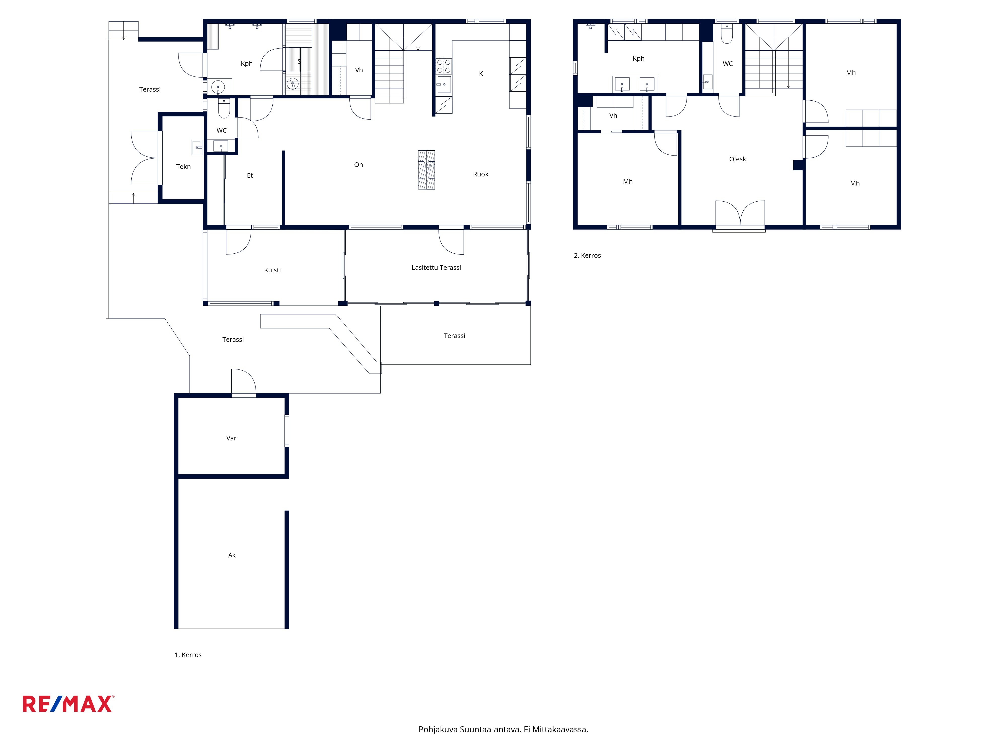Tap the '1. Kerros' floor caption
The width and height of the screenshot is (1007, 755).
tap(188, 655)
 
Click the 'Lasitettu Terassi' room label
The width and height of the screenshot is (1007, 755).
tap(436, 268)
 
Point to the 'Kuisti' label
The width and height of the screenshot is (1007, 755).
tap(272, 270)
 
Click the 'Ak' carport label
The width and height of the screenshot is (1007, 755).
tap(232, 555)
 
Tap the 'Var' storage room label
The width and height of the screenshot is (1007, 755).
tap(231, 438)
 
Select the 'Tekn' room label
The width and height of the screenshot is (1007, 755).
tap(184, 167)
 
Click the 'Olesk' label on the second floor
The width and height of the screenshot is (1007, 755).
tap(737, 159)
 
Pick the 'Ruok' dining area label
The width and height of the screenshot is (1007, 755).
tap(481, 174)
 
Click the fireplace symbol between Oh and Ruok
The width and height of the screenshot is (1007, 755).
tap(426, 170)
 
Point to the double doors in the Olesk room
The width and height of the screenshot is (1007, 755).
tap(740, 213)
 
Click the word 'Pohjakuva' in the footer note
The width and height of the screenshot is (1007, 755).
tap(438, 730)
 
